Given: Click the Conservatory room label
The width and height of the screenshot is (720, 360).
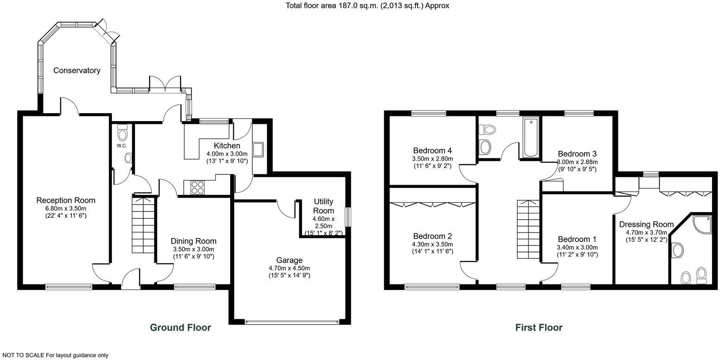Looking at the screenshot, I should (x=77, y=71).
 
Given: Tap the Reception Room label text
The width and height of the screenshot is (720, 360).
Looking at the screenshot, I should (x=66, y=200).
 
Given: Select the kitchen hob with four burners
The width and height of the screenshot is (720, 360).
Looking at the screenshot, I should (x=197, y=187).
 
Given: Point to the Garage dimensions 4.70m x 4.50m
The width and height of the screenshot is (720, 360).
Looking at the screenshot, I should (x=289, y=268).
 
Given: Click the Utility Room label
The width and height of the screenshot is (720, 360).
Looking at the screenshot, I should (x=323, y=206).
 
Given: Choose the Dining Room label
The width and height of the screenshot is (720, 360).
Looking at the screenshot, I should (x=193, y=241).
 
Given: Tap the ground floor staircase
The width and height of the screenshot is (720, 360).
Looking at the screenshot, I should (x=143, y=225).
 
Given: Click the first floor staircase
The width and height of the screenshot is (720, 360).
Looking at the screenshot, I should (x=528, y=229).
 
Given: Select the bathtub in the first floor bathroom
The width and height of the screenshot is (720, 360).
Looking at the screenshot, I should (x=531, y=137).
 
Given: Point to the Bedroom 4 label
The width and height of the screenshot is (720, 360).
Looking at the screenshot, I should (x=432, y=150).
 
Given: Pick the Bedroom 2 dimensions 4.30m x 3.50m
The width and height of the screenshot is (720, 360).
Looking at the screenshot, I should (x=432, y=244).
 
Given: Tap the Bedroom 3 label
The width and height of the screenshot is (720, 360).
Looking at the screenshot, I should (x=577, y=154).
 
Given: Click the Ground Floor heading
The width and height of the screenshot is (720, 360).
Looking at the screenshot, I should (x=180, y=328).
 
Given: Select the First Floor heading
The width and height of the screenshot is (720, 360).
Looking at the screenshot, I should (x=539, y=328).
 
